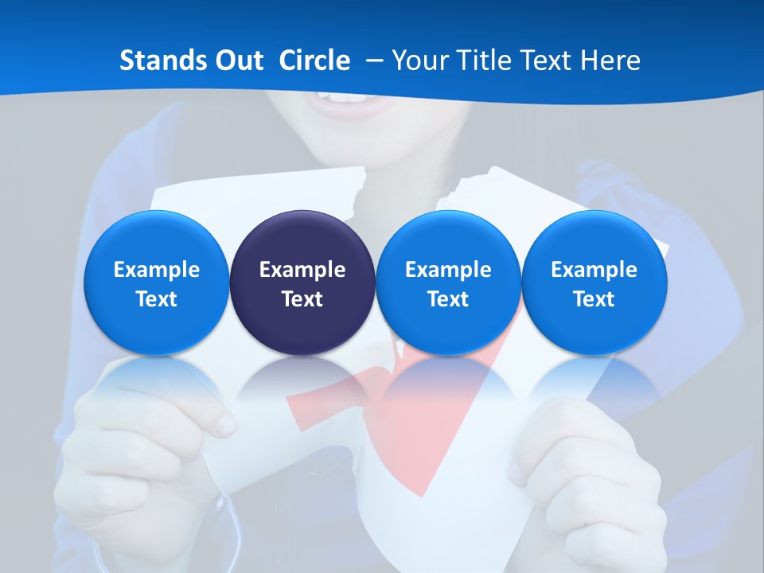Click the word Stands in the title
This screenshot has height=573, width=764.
(158, 60)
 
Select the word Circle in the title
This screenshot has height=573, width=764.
(314, 60)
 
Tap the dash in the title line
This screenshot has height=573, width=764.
(372, 60)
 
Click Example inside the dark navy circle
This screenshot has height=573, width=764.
(302, 270)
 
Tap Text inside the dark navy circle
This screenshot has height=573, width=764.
(302, 299)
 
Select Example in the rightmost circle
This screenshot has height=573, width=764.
(594, 270)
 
